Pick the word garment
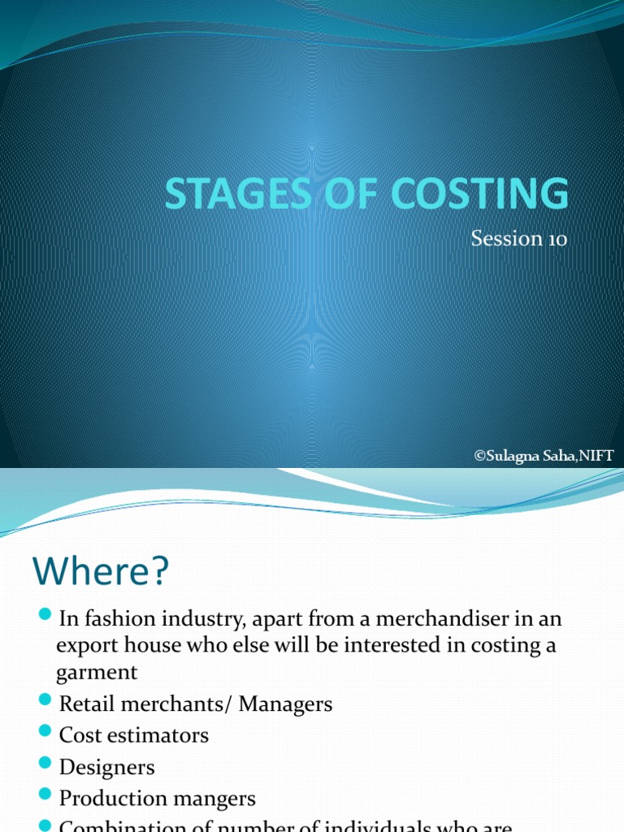[97, 673]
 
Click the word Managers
[291, 704]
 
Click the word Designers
[106, 767]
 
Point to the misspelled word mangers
[210, 799]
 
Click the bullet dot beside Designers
[45, 765]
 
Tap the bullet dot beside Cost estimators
[45, 733]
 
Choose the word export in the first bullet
[88, 646]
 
